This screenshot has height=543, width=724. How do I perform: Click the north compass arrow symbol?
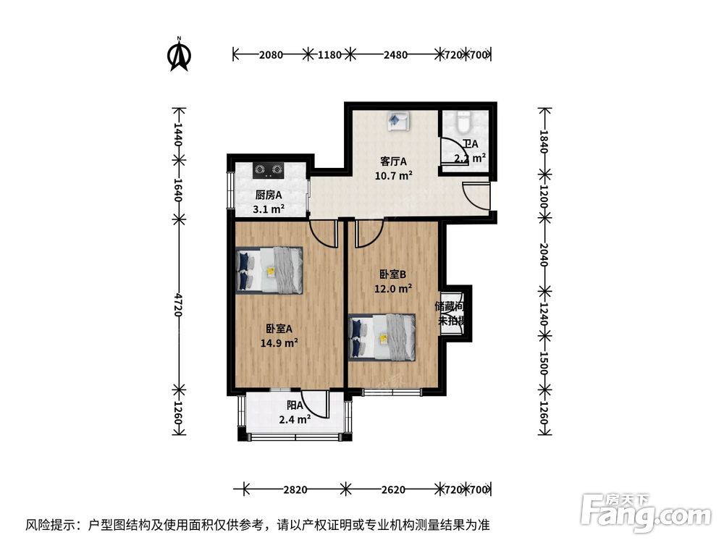(179, 56)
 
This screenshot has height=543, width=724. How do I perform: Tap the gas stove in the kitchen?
(267, 171)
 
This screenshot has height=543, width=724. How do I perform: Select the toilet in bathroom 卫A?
(464, 120)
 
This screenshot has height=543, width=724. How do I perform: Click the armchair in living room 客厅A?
(397, 121)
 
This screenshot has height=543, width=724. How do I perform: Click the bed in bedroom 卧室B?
(382, 337)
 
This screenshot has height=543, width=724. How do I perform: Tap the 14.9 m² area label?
(279, 342)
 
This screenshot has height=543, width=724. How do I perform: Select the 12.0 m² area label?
(393, 287)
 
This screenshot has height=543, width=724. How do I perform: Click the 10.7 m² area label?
(393, 174)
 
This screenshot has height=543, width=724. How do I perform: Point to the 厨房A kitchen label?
(269, 195)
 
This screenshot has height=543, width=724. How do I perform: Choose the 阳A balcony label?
(293, 406)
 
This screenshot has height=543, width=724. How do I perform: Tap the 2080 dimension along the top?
(271, 54)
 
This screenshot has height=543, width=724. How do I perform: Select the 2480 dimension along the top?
(395, 54)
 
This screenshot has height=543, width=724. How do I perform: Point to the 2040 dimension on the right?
(544, 253)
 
